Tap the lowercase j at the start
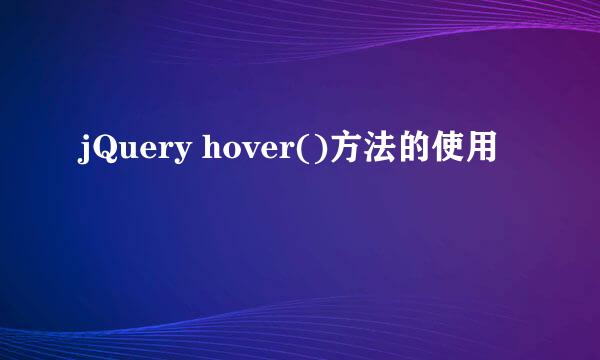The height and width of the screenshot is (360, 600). coord(83,151)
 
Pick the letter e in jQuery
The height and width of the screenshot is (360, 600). coord(147,152)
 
